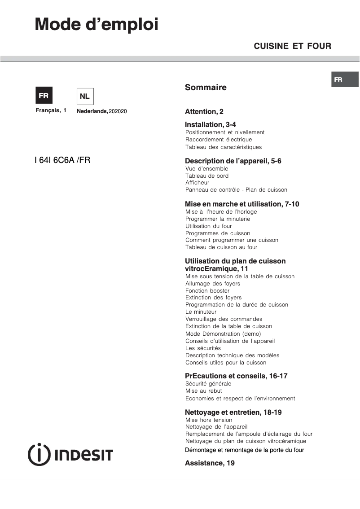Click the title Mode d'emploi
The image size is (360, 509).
click(x=97, y=24)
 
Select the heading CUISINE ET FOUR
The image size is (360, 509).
click(x=292, y=46)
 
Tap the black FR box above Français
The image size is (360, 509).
click(x=44, y=96)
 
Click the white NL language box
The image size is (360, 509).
click(x=85, y=96)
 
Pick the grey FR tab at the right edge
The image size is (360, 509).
click(x=345, y=79)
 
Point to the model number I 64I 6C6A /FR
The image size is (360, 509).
click(x=62, y=159)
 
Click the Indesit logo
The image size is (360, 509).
click(x=70, y=454)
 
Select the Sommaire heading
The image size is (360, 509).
click(x=206, y=88)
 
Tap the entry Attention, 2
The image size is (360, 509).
click(x=204, y=112)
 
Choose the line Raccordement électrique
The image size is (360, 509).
click(x=219, y=140)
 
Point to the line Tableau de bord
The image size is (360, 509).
click(x=207, y=176)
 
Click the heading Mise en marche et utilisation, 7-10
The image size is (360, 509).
click(x=242, y=204)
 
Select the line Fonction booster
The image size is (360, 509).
click(x=207, y=291)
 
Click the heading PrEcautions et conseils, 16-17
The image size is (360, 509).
click(x=236, y=376)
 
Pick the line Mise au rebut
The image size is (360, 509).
click(x=204, y=391)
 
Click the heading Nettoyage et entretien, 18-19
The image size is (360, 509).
click(x=233, y=412)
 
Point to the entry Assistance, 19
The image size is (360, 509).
click(x=210, y=463)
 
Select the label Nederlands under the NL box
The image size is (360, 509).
click(x=92, y=111)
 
